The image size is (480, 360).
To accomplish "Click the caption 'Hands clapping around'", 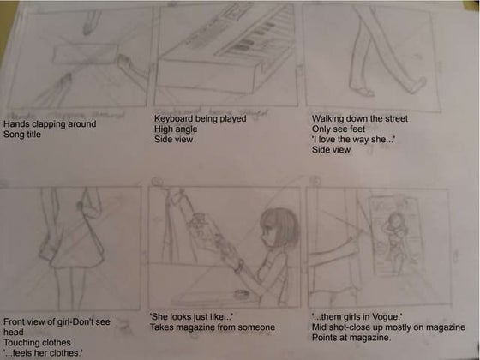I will [50, 124].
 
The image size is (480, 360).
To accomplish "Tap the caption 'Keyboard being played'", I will [195, 117].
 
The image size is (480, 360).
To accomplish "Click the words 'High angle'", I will [175, 129].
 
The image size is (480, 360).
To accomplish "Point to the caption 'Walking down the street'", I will [360, 117].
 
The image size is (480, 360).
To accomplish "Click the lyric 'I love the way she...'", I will [351, 139].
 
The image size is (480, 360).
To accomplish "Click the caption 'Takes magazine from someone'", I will [212, 327].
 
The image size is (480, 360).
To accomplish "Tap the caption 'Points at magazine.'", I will [350, 338].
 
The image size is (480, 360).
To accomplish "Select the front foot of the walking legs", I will [419, 87].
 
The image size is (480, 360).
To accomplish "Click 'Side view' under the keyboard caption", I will [173, 139].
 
